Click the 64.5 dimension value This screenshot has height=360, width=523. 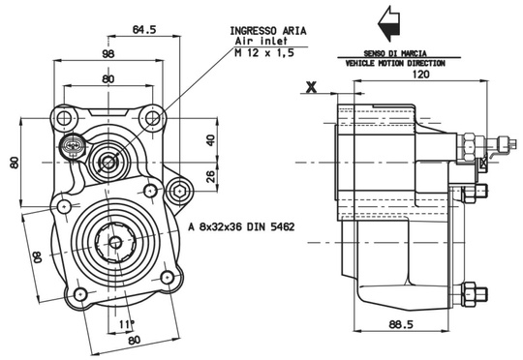click(144, 29)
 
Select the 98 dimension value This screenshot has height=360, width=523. click(108, 53)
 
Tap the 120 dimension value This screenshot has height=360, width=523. click(421, 74)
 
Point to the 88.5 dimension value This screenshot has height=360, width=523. click(401, 324)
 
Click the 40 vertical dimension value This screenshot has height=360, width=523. click(211, 140)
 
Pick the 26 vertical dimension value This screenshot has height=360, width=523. click(211, 176)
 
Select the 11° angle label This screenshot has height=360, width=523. click(127, 323)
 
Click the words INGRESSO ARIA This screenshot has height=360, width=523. click(268, 31)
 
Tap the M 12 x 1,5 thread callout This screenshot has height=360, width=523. click(264, 52)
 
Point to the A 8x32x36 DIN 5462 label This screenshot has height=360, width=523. click(241, 227)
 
